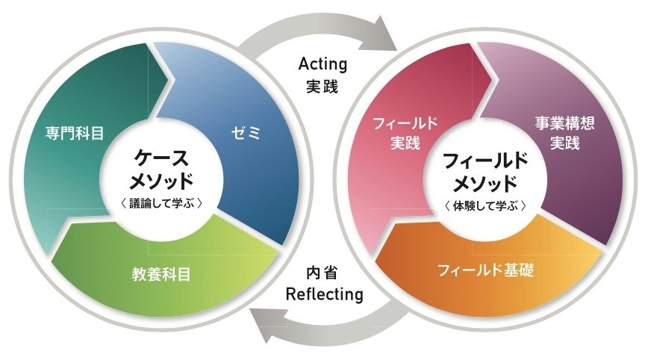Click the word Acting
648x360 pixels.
[323, 64]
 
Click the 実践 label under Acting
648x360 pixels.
[323, 86]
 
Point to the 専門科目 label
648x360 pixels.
[75, 134]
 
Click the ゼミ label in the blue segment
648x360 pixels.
[246, 133]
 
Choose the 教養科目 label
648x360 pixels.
[161, 274]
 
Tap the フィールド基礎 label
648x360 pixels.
[485, 270]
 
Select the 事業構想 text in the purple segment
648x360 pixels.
[564, 122]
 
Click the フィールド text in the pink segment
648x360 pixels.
[405, 123]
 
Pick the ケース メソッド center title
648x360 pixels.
[161, 169]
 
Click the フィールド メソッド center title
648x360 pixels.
[485, 172]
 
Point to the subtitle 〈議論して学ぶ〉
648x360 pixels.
[161, 204]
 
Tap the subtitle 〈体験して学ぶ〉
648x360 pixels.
[485, 206]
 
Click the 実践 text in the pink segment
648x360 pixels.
[405, 143]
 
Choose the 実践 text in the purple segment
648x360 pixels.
[564, 143]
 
